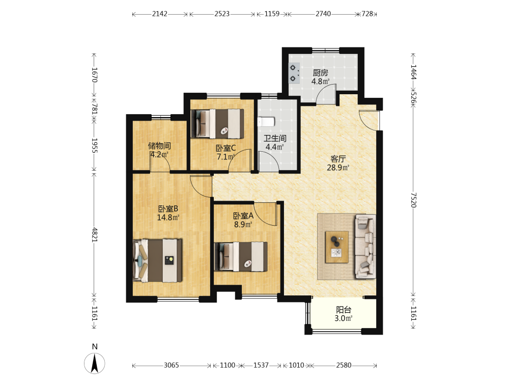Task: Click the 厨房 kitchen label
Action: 320,73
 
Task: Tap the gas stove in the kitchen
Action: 294,73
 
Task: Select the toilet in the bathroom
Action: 266,122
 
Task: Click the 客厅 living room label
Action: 338,159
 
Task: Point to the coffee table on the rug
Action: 337,247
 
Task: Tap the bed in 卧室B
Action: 157,260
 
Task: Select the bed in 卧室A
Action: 241,256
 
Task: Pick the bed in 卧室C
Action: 217,123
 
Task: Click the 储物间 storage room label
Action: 159,146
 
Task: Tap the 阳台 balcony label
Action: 344,310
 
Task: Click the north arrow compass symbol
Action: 95,363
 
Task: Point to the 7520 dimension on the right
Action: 413,200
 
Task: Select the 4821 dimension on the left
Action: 95,234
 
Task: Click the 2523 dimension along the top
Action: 222,14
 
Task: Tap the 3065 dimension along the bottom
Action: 171,365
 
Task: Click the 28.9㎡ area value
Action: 338,168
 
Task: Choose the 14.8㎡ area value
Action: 168,217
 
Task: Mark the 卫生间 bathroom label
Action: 275,138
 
